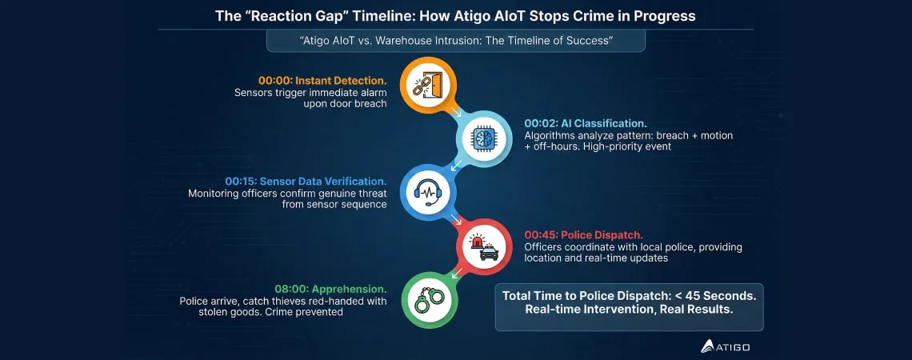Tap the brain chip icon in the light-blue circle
[x=485, y=138]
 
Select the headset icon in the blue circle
[x=424, y=191]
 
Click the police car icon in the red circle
[x=485, y=246]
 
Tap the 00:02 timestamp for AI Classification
[x=540, y=123]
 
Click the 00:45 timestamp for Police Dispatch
[x=540, y=234]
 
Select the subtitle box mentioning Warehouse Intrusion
[x=455, y=40]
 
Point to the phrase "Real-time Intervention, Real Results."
[x=629, y=310]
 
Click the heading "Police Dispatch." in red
[x=607, y=234]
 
